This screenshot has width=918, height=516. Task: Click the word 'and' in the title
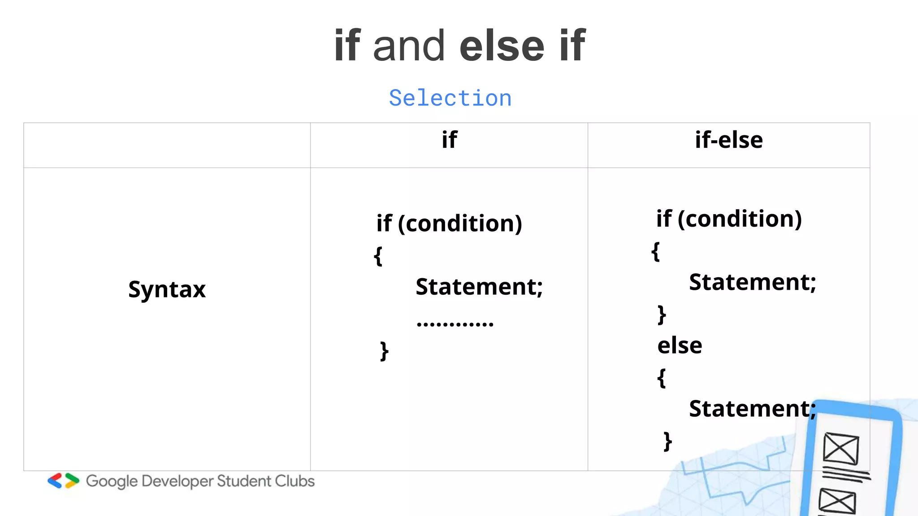(x=408, y=46)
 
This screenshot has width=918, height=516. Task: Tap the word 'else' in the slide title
(x=502, y=46)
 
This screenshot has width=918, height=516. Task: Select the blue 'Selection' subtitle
(x=450, y=98)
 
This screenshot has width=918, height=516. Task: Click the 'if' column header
(x=449, y=140)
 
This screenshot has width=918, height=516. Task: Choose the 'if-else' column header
(x=729, y=140)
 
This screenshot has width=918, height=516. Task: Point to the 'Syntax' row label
(x=167, y=289)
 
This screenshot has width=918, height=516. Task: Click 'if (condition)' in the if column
(x=449, y=223)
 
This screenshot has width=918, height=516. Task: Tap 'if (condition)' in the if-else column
(x=729, y=219)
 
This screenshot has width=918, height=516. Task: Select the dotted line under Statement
(x=455, y=323)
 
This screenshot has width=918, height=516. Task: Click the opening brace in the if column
(x=378, y=256)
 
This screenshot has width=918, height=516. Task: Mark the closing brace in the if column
(x=384, y=351)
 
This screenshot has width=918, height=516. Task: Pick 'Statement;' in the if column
(x=479, y=287)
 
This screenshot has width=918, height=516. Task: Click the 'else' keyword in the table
(x=680, y=345)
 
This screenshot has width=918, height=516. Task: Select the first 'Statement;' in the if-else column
(x=752, y=282)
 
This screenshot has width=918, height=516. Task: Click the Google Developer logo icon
(x=63, y=481)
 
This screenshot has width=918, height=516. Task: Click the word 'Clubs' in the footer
(x=294, y=481)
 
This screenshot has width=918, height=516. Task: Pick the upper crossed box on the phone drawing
(x=841, y=449)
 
